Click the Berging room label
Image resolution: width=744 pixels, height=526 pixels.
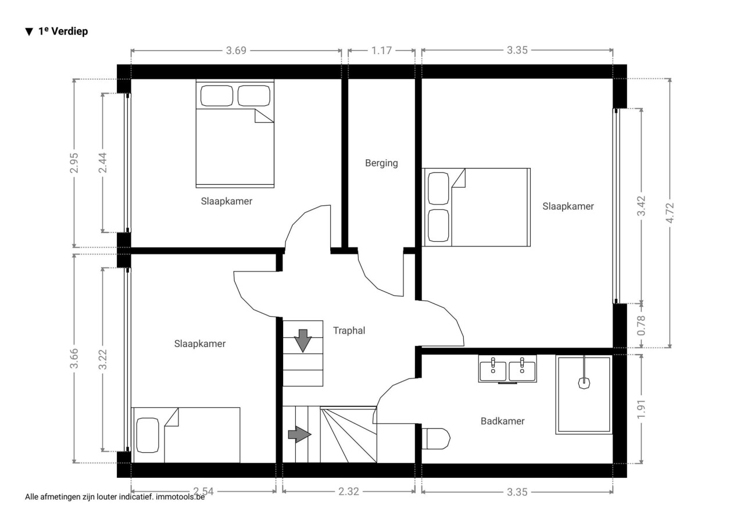[381, 163]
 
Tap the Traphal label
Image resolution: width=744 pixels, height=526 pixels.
[349, 330]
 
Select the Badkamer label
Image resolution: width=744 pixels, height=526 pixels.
[503, 421]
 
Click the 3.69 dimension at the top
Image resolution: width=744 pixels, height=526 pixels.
[236, 51]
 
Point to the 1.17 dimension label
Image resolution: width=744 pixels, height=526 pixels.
[381, 51]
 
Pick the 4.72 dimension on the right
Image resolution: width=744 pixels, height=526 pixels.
[670, 213]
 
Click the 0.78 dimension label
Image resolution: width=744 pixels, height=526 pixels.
[641, 325]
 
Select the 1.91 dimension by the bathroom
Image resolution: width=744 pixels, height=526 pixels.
[641, 409]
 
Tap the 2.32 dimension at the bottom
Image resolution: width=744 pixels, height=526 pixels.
[349, 492]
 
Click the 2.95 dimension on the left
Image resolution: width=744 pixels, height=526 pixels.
[74, 163]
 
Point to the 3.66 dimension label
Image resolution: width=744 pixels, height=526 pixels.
[74, 358]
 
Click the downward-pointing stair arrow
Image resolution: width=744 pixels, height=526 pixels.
[303, 341]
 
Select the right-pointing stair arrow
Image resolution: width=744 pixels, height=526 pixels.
[299, 434]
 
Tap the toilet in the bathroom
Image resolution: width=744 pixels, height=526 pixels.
[436, 439]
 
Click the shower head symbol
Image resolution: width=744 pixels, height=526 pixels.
[584, 383]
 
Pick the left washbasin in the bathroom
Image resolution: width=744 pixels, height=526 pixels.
[493, 371]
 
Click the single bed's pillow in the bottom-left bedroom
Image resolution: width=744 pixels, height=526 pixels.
[148, 435]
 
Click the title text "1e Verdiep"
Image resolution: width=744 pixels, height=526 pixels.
[63, 31]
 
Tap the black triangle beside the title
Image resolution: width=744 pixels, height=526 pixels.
[29, 32]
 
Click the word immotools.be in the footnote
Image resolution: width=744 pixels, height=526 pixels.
[180, 497]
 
